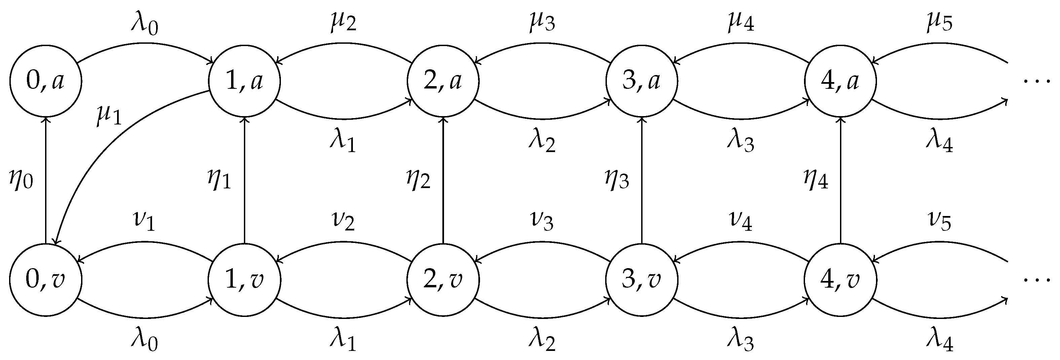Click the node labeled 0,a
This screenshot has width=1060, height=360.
click(x=46, y=81)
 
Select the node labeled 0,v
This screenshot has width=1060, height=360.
click(x=46, y=280)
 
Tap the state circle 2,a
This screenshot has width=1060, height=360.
click(x=443, y=81)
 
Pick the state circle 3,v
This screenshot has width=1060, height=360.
click(x=642, y=280)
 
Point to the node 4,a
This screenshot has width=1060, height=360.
click(x=840, y=81)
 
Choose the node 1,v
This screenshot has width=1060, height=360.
click(x=245, y=280)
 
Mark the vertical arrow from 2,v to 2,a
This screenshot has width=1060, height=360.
click(x=443, y=181)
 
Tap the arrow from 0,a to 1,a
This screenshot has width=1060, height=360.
click(x=145, y=43)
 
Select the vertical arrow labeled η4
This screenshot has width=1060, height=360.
click(x=840, y=181)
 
